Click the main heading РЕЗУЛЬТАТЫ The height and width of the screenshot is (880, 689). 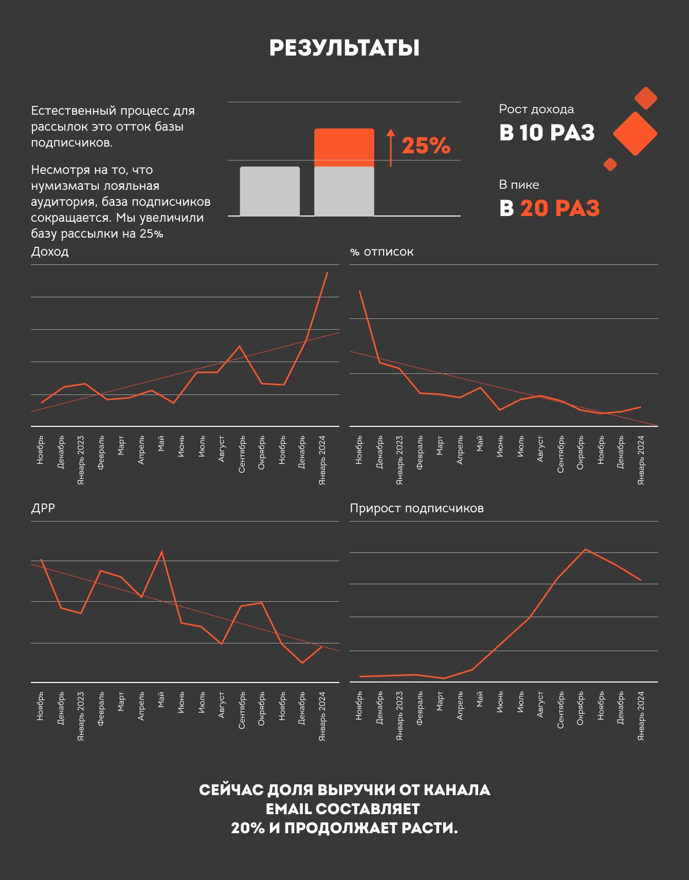[344, 48]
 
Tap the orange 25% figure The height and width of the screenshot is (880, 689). [426, 146]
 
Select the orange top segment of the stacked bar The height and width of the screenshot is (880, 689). [344, 147]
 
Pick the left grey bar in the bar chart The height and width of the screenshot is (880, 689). [269, 191]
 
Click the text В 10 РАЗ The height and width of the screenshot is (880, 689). [547, 133]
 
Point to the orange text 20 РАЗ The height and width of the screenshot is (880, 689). [559, 208]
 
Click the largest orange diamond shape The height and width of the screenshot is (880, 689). [635, 133]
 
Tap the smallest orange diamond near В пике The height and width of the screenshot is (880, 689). [610, 164]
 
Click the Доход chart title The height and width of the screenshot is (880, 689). [50, 252]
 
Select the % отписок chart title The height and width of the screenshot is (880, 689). [382, 252]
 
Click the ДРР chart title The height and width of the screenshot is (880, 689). [43, 508]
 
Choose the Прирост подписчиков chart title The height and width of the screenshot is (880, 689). [416, 508]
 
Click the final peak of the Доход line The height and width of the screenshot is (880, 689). [327, 273]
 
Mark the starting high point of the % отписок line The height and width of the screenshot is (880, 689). [359, 291]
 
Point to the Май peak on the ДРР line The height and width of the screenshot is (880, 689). [162, 552]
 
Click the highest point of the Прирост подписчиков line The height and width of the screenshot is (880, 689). [585, 549]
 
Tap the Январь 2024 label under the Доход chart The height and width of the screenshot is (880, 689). [322, 460]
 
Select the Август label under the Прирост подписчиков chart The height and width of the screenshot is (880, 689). [540, 705]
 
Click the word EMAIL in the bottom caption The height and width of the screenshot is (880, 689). [288, 809]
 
